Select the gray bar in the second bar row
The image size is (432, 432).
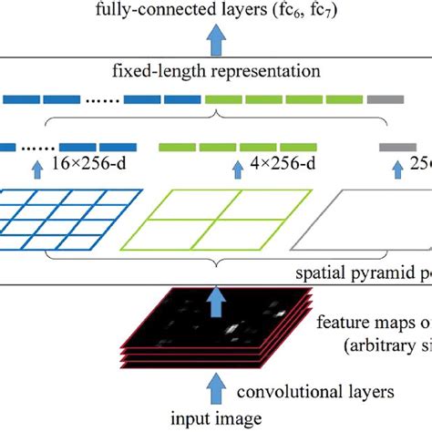click(x=399, y=145)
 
